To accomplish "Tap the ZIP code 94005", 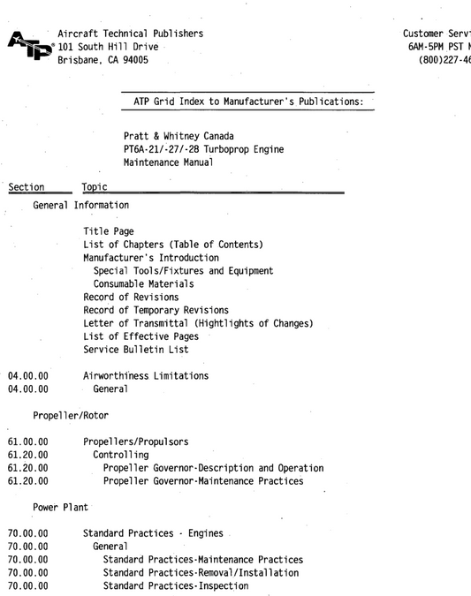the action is (x=135, y=60).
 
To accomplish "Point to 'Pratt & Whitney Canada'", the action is (x=179, y=136).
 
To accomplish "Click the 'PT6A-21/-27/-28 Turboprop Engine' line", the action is (x=203, y=149).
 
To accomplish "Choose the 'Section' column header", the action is (x=26, y=187).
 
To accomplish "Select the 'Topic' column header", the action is (x=95, y=187).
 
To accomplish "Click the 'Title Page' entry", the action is (x=109, y=231).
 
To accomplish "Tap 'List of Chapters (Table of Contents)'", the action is (x=173, y=245).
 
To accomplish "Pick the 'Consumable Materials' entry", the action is (x=143, y=284).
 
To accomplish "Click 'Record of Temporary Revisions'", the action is (x=156, y=310).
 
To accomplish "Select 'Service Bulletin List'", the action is (x=135, y=350).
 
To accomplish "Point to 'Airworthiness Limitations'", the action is (x=146, y=376).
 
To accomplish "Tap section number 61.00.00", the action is (x=27, y=441).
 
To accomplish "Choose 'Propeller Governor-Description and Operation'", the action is (x=213, y=468).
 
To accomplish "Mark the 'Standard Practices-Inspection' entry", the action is (x=175, y=585).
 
